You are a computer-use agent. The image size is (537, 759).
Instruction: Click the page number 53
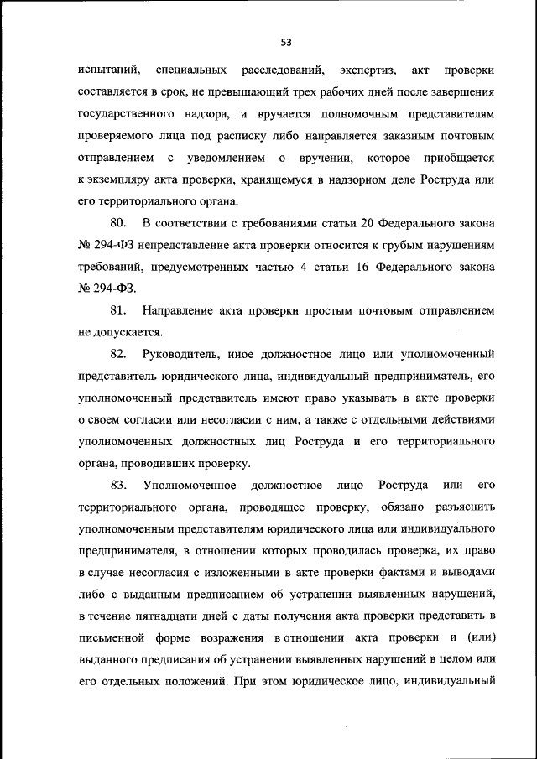coord(285,42)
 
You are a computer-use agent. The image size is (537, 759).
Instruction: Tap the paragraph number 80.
coord(117,221)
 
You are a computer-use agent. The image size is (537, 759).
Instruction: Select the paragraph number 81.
coord(117,310)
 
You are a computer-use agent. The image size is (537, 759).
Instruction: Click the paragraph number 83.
coord(117,486)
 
